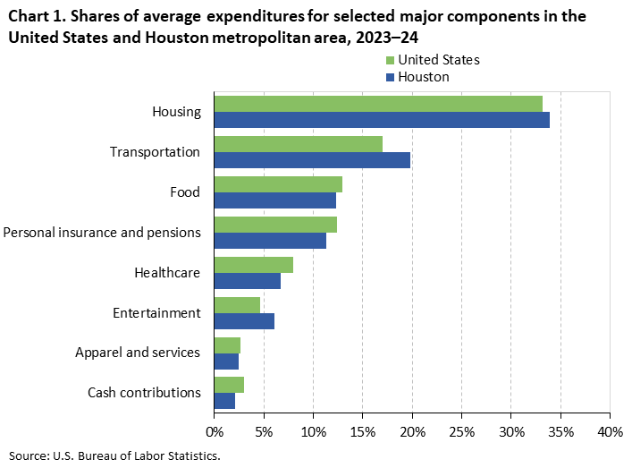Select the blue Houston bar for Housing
click(382, 120)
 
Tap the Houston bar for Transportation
click(312, 160)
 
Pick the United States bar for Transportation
click(299, 144)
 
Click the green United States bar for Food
click(278, 184)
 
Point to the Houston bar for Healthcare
click(248, 281)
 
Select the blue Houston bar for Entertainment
click(244, 321)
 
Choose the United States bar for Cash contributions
click(229, 385)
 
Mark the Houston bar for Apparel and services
click(226, 362)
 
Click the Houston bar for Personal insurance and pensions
click(270, 241)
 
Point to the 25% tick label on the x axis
click(460, 431)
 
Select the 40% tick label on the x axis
click(609, 431)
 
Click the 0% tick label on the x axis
click(215, 431)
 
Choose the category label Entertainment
click(156, 313)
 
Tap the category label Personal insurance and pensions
click(101, 233)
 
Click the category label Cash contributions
click(144, 393)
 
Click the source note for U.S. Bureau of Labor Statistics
click(114, 455)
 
